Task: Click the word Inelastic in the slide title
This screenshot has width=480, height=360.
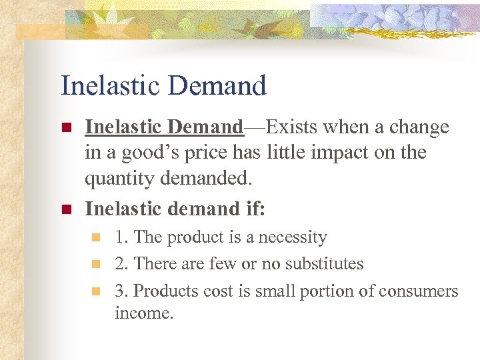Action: pyautogui.click(x=111, y=86)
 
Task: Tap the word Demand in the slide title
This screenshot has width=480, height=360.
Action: pyautogui.click(x=217, y=86)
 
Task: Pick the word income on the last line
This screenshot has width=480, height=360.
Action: pyautogui.click(x=143, y=312)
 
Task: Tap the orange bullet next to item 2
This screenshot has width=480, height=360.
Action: pyautogui.click(x=96, y=264)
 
